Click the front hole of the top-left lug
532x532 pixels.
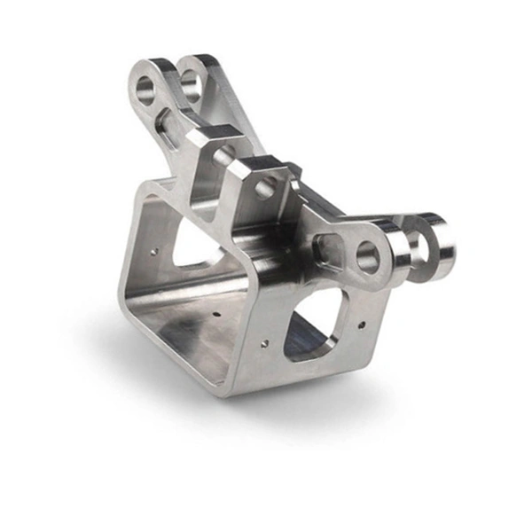(145, 89)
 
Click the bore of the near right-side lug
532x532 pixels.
(367, 257)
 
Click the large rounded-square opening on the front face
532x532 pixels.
(313, 326)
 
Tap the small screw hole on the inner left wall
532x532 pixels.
(157, 251)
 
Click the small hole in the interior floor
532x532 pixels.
(217, 313)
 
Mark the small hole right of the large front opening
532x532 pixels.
(361, 325)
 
